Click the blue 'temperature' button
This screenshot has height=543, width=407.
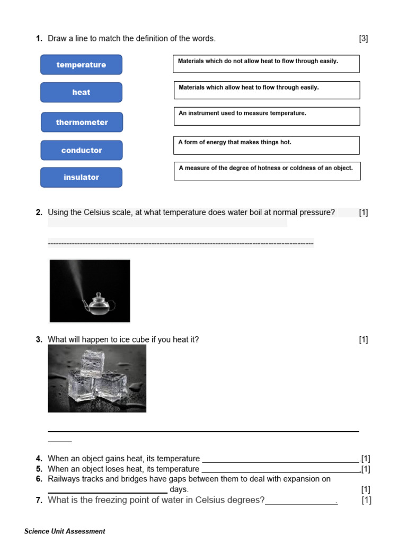(81, 65)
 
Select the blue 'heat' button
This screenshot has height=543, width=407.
(81, 92)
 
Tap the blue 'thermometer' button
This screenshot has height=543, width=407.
(82, 122)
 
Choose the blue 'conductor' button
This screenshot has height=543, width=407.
(81, 151)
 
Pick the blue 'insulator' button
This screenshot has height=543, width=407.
(81, 178)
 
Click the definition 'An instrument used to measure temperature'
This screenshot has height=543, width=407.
(267, 116)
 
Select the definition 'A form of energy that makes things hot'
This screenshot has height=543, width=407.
(266, 145)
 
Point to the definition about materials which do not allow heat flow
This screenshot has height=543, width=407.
(266, 64)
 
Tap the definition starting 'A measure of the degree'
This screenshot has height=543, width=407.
(267, 171)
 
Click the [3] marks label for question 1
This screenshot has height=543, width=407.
(363, 38)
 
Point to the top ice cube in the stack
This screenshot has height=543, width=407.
(93, 363)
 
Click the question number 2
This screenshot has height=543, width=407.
(39, 213)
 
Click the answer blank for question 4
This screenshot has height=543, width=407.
(280, 459)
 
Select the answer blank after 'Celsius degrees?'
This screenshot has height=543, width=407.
(300, 501)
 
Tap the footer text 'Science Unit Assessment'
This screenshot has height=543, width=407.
(65, 531)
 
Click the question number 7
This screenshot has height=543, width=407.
(39, 500)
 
